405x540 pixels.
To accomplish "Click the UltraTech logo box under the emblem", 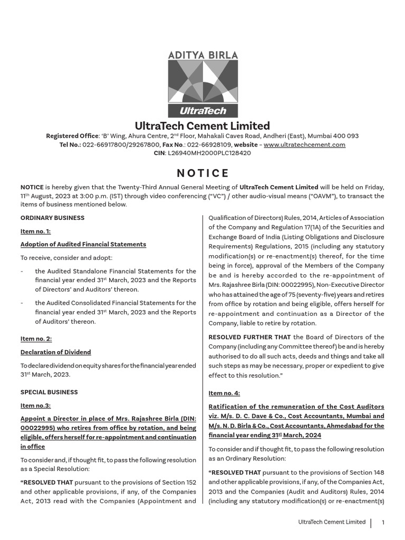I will point(202,111).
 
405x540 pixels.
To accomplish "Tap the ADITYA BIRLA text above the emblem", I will point(202,55).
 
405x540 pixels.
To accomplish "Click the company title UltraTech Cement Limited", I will point(202,126).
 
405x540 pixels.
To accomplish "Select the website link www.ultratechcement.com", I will point(304,144).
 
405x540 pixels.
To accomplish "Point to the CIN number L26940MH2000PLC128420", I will point(209,153).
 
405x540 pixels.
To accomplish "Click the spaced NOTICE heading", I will point(202,173).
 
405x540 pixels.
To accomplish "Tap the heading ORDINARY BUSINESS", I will point(52,218).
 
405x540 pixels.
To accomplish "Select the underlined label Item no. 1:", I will point(35,231).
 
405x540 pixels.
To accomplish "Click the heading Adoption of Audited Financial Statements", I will point(83,244).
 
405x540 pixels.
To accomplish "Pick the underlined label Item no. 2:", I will point(36,339).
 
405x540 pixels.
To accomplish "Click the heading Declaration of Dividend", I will point(55,352).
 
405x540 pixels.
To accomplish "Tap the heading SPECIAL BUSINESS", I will point(49,392).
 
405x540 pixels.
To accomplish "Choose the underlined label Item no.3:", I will point(35,406).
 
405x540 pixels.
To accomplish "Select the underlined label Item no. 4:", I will point(224,393).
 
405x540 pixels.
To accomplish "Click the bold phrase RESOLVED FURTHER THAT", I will point(249,337).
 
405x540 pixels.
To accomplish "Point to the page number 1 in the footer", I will point(383,523).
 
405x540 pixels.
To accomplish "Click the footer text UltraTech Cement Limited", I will point(332,522).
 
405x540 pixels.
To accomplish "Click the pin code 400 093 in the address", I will point(345,136).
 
